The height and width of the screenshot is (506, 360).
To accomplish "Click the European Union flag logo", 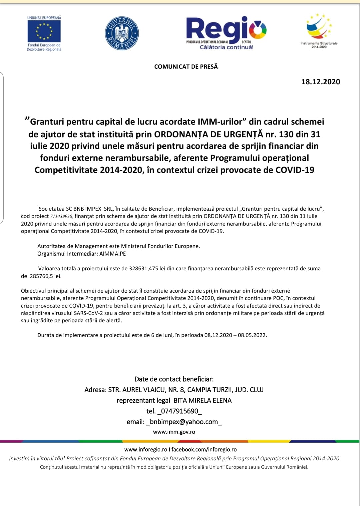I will (x=44, y=31).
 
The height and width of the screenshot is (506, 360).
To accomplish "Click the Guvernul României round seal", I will (x=122, y=33).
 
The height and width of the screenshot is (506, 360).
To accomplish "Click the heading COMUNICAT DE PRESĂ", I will (x=186, y=67).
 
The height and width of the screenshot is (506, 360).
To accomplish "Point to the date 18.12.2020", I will (x=321, y=82).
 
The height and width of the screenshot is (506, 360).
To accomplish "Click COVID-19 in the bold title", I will (x=295, y=170).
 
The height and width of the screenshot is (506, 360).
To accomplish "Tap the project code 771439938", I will (x=61, y=216).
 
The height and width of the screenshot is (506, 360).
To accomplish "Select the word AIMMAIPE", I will (x=113, y=254).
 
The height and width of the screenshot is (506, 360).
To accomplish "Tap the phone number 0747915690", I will (x=180, y=411).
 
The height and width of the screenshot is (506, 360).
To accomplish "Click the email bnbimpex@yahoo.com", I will (x=184, y=422).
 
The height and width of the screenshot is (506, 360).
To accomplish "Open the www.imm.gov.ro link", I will (x=174, y=432).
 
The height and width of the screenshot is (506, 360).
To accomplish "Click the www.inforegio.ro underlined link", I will (x=146, y=449).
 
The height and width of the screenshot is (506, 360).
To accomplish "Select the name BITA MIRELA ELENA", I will (x=202, y=400).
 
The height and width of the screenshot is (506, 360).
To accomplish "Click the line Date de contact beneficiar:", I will (x=174, y=379).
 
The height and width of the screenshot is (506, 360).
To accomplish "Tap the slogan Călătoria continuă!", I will (x=226, y=47).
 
